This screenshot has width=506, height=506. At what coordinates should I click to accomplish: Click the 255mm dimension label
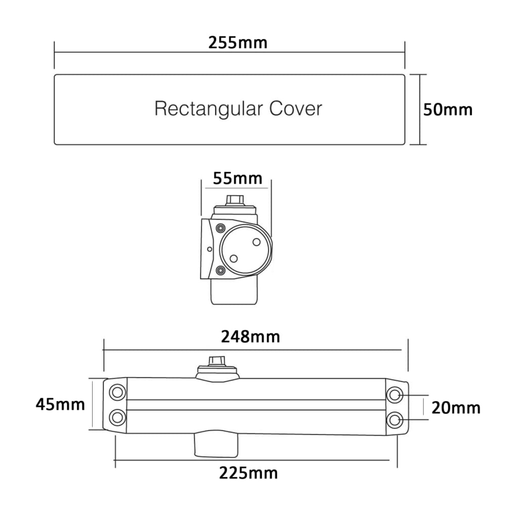(238, 43)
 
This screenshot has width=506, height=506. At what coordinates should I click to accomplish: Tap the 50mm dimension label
(448, 110)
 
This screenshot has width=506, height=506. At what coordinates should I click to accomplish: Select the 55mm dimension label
(237, 179)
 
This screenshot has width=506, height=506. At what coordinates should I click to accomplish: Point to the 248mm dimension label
(250, 337)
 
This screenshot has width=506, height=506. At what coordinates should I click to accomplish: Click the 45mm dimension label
(60, 404)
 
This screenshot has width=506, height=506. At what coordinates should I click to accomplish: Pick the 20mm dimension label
(456, 408)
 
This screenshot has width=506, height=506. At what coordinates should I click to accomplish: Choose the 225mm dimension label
(248, 474)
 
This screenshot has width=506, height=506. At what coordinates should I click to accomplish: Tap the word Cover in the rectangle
(296, 108)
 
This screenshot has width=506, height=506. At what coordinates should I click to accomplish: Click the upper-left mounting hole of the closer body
(117, 393)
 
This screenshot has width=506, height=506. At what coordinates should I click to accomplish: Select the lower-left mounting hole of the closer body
(117, 417)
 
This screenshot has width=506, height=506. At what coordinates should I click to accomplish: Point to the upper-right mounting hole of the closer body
(394, 395)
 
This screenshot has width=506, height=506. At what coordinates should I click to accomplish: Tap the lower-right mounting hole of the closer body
(394, 420)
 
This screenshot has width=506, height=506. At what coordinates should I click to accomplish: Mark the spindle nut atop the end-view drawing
(235, 200)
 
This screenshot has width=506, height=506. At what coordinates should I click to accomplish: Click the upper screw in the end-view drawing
(221, 228)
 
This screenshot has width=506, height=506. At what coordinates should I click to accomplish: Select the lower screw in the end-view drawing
(221, 270)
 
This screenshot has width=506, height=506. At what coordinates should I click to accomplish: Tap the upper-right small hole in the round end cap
(257, 242)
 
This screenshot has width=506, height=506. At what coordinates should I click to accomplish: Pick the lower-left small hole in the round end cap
(234, 259)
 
